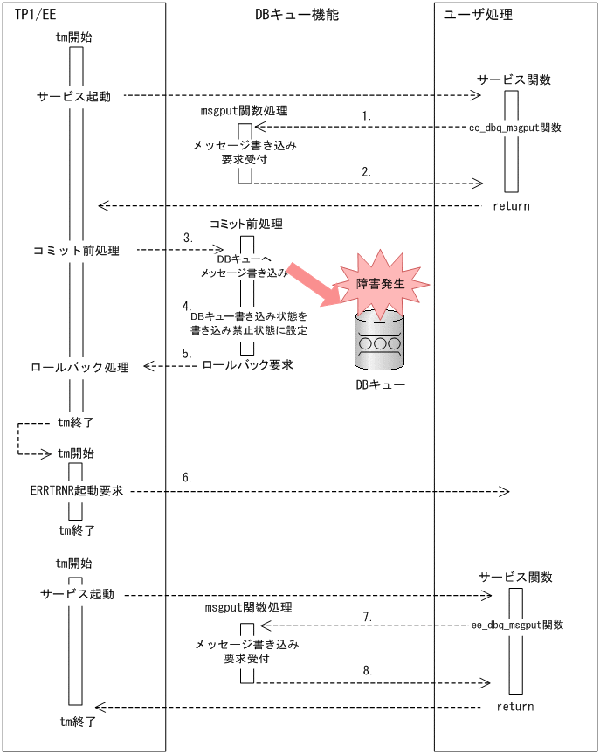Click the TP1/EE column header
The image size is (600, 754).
tap(37, 15)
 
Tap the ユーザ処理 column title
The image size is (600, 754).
tap(478, 15)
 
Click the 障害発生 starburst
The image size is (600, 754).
tap(381, 284)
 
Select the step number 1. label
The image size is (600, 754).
tap(367, 115)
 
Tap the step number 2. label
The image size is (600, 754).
tap(367, 173)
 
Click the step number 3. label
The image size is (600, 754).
tap(188, 238)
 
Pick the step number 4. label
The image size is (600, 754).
tap(186, 307)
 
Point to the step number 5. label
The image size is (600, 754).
tap(186, 354)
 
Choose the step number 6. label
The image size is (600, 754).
tap(187, 478)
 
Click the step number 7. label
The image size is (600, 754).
tap(368, 617)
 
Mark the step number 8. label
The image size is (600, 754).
tap(368, 671)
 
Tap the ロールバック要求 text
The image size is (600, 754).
tap(246, 365)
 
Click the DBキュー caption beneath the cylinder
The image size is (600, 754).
tap(380, 385)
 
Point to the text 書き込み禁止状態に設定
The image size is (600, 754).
tap(247, 331)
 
